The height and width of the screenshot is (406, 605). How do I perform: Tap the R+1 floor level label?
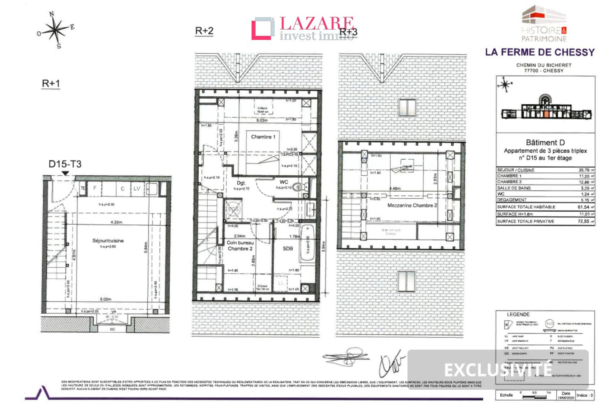51,83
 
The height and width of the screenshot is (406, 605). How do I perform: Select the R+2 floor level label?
204,31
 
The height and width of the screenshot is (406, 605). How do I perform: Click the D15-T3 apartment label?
65,164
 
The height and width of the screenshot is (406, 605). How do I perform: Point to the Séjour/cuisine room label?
108,241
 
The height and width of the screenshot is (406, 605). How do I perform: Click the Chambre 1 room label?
263,137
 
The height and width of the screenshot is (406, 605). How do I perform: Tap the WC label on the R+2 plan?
284,182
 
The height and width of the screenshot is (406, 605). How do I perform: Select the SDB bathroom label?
288,248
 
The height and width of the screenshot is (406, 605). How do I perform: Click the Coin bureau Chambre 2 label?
240,246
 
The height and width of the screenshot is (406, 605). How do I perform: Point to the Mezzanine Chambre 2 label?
412,205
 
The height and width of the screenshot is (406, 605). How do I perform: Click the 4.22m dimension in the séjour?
116,222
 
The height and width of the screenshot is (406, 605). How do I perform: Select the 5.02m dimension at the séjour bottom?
105,299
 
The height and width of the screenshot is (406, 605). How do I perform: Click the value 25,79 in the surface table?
584,170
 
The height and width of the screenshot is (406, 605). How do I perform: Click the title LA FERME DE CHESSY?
540,52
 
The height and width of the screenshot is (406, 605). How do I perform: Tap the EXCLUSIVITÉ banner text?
498,370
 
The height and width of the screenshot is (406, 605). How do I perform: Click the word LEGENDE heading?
518,314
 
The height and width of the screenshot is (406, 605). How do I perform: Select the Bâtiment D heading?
545,143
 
